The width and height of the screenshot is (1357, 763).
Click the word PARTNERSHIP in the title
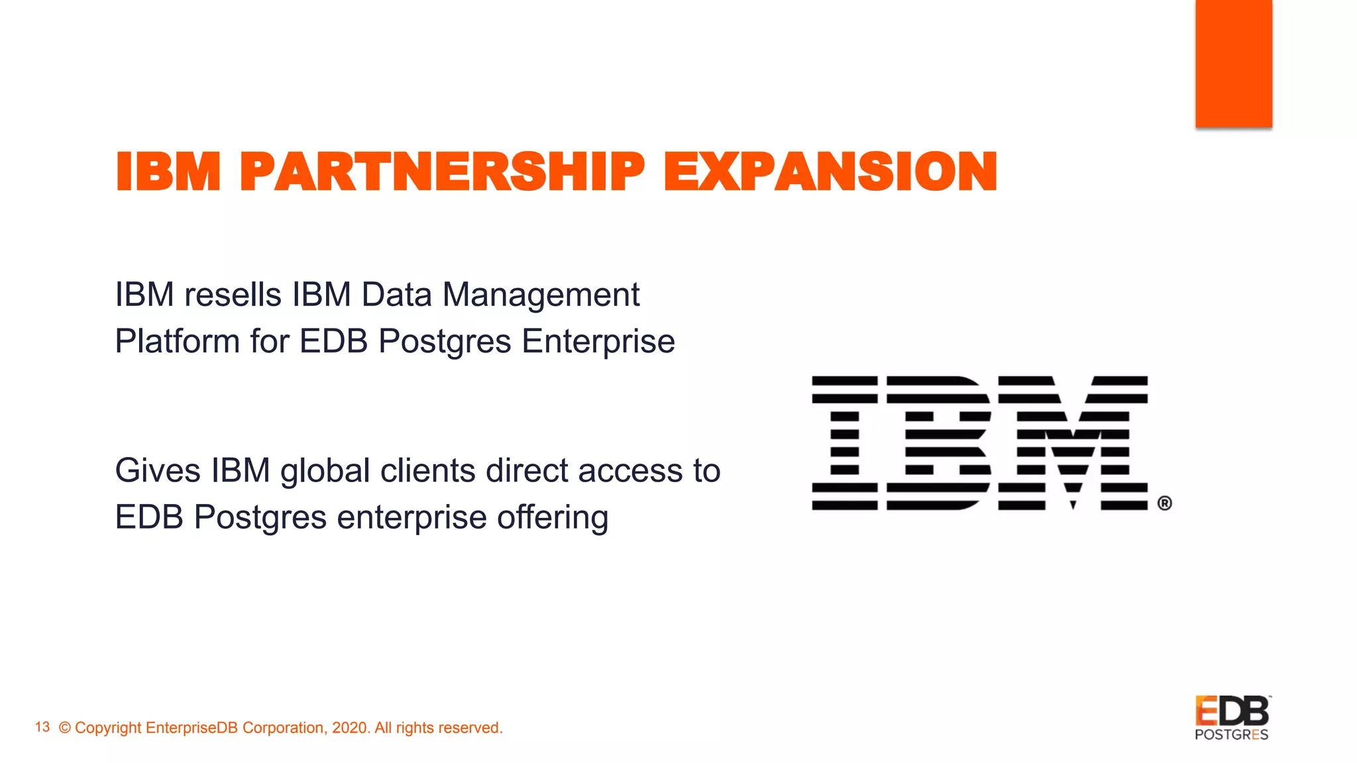442,172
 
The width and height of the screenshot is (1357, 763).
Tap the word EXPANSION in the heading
830,172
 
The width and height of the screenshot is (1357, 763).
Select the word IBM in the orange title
168,172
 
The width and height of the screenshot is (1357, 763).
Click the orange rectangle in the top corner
1233,63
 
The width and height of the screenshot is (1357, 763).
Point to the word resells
233,295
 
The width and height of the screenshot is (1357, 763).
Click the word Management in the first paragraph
541,295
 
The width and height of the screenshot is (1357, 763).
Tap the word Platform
177,342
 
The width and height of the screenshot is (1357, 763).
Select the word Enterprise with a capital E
598,342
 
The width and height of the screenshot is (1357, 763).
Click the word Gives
158,471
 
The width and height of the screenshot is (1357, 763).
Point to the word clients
427,471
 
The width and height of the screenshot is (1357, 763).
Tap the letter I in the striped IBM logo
845,442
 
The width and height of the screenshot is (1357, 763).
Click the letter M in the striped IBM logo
1073,442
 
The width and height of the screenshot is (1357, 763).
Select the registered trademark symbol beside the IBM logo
1164,503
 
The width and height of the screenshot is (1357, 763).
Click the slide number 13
42,727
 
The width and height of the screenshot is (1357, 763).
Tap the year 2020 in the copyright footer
349,728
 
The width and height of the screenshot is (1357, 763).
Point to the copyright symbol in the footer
65,728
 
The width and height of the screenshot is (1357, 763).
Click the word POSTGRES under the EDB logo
1231,735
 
